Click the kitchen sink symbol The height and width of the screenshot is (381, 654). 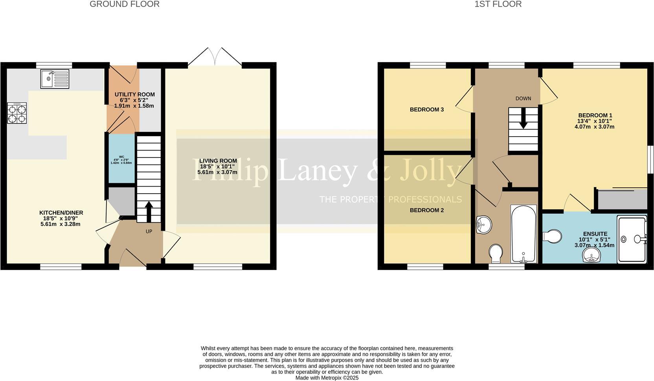[55, 79]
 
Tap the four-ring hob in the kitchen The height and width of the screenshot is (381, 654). [17, 113]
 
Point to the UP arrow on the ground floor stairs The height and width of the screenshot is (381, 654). [149, 212]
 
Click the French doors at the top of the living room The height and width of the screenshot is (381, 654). [215, 57]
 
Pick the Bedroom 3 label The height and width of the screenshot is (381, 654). [426, 109]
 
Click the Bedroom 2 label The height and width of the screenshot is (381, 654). [426, 210]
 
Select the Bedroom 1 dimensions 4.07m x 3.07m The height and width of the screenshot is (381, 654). [594, 127]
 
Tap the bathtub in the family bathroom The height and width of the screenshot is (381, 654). [523, 234]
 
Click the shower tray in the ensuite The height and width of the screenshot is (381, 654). [632, 239]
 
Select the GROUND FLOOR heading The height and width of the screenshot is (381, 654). [125, 4]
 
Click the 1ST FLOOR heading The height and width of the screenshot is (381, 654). [498, 4]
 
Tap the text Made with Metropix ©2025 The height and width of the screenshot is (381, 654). [327, 377]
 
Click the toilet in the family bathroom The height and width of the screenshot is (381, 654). [496, 253]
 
